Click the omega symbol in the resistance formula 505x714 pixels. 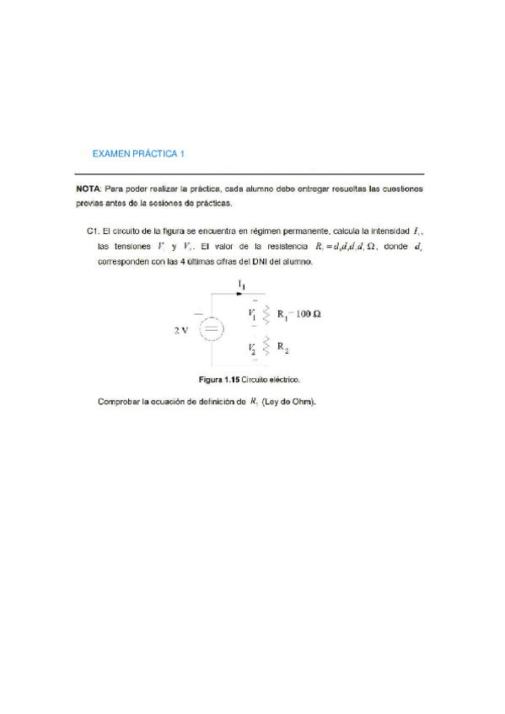click(362, 247)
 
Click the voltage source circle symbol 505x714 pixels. click(211, 329)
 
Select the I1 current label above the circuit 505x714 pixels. click(242, 285)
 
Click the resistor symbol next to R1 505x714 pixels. click(267, 315)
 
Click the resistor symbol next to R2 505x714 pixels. click(267, 346)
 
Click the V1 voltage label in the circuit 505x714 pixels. click(252, 314)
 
